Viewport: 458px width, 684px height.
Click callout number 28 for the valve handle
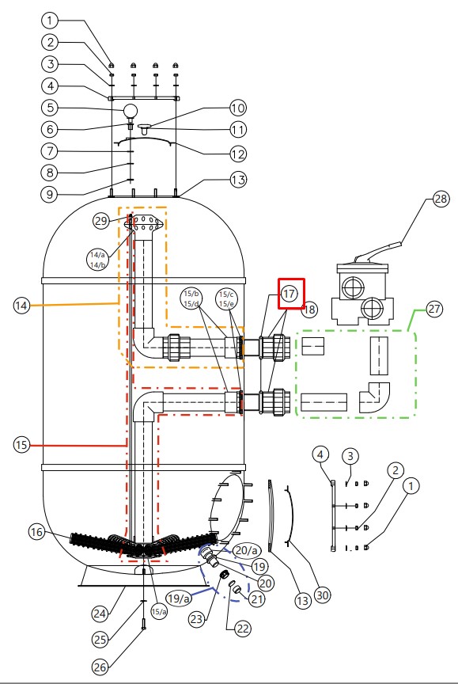click(441, 199)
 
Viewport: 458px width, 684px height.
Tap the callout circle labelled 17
click(289, 294)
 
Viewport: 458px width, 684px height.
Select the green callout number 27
click(434, 310)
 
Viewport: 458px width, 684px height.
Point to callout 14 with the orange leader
click(21, 306)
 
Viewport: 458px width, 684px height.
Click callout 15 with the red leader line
click(21, 445)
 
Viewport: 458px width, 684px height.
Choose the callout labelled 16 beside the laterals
click(36, 532)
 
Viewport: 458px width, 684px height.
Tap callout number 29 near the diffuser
click(101, 221)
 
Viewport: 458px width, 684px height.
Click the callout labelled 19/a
click(179, 598)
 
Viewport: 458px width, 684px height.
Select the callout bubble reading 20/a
click(246, 550)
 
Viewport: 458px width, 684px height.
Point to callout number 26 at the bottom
click(100, 667)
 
